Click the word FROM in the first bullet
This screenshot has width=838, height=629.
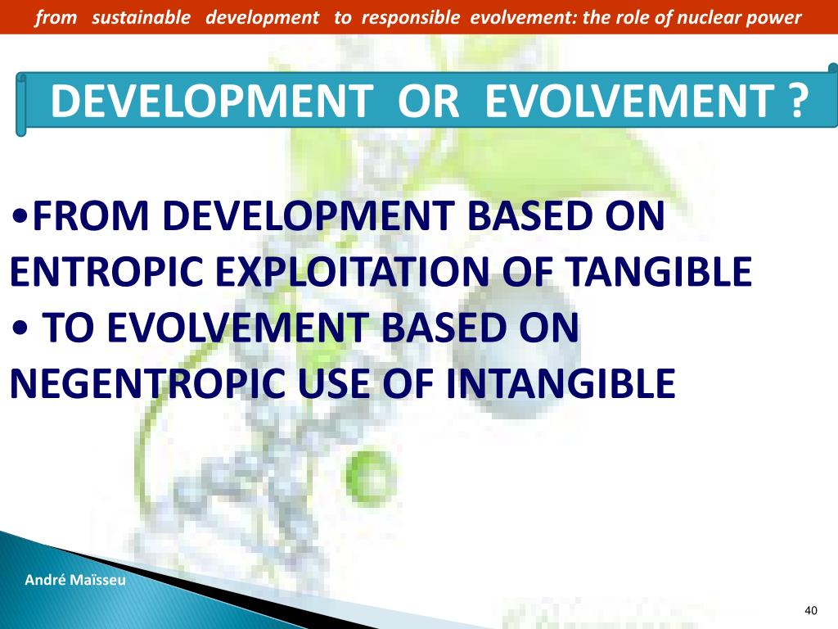[90, 215]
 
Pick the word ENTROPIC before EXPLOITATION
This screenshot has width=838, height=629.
[106, 271]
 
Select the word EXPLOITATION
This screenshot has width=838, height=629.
[354, 271]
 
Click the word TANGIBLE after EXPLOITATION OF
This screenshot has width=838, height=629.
[659, 271]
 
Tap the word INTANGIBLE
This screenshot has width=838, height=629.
[561, 383]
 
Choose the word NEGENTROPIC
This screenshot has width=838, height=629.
[147, 383]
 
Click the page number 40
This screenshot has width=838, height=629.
[811, 610]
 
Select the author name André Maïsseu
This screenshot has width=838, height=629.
[75, 580]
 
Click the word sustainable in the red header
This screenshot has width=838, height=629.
[141, 18]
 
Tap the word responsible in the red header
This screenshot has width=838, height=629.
[411, 19]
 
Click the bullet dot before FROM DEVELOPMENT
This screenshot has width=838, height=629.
[20, 216]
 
